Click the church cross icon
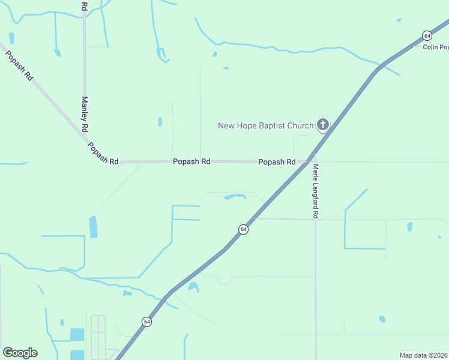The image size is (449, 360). [322, 125]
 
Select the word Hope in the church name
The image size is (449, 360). [244, 125]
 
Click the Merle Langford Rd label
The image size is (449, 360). [315, 191]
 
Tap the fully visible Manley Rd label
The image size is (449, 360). [85, 115]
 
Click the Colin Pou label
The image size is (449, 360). [435, 47]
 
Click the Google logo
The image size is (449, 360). [20, 353]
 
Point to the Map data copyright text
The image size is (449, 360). [424, 355]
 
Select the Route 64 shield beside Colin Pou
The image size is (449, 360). [426, 35]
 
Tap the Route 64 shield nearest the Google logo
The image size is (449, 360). [146, 322]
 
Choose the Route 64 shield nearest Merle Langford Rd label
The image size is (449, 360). [243, 229]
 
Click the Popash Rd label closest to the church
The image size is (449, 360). [277, 162]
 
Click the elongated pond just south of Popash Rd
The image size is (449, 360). [235, 196]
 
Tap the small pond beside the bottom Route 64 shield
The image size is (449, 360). [193, 287]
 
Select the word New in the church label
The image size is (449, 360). [225, 125]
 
